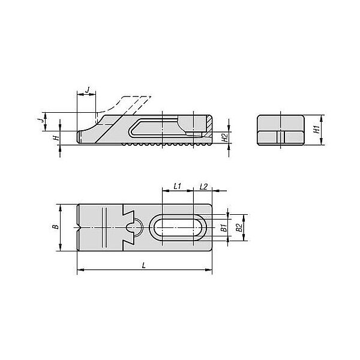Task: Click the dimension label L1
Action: point(177,186)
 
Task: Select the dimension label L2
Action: point(203,187)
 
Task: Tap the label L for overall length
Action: point(144,266)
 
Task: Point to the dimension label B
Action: point(56,227)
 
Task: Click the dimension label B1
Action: point(224,228)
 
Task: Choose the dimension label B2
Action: point(239,227)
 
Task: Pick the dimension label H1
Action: point(317,130)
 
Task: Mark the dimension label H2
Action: point(224,137)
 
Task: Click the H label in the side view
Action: point(56,138)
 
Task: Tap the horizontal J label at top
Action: point(88,90)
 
